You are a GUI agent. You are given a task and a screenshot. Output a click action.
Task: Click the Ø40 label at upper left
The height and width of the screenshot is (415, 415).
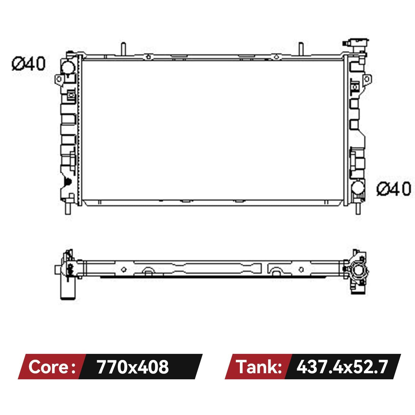[x=29, y=64]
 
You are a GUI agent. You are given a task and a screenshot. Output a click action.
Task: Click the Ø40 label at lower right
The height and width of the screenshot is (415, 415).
[x=394, y=189]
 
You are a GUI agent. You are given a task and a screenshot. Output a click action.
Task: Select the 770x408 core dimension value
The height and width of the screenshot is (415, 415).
[x=133, y=367]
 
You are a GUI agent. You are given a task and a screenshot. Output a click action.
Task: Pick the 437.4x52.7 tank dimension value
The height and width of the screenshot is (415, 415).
[x=342, y=367]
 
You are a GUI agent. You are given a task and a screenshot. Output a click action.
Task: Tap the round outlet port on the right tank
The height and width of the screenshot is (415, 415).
[x=358, y=187]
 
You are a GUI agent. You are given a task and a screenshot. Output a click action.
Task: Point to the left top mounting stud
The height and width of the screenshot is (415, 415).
[x=123, y=49]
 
